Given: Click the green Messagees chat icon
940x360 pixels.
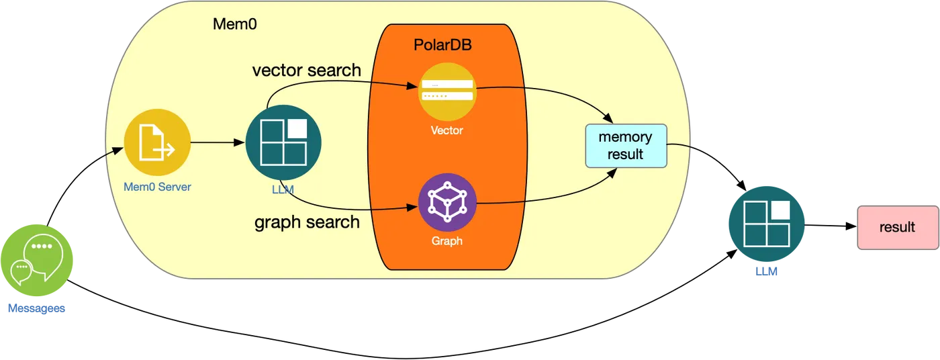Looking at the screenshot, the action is pyautogui.click(x=37, y=260).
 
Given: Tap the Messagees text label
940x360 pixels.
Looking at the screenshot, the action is pyautogui.click(x=36, y=308).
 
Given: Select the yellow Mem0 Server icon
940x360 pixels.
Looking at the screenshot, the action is pyautogui.click(x=157, y=142).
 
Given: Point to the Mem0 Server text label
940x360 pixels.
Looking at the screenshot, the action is pyautogui.click(x=157, y=187).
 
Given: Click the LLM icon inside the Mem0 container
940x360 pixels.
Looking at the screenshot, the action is pyautogui.click(x=283, y=142).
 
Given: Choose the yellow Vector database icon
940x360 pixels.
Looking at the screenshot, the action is pyautogui.click(x=447, y=91).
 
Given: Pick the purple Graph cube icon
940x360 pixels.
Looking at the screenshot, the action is pyautogui.click(x=447, y=202).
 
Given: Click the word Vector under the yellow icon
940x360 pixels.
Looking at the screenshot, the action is pyautogui.click(x=447, y=130).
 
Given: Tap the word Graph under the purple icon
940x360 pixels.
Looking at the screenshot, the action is pyautogui.click(x=447, y=241).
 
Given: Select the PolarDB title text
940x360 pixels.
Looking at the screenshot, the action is pyautogui.click(x=442, y=45).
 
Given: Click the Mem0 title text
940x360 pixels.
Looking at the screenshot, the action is pyautogui.click(x=235, y=24).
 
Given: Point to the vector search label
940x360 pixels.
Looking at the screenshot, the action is pyautogui.click(x=307, y=70).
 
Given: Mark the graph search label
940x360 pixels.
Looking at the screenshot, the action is pyautogui.click(x=308, y=222).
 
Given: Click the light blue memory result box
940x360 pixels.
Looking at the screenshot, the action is pyautogui.click(x=626, y=146).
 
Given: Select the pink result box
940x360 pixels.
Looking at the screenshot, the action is pyautogui.click(x=898, y=228).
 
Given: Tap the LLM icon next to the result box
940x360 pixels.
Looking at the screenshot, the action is pyautogui.click(x=767, y=224).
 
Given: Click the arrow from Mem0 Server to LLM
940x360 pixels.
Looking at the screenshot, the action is pyautogui.click(x=218, y=142).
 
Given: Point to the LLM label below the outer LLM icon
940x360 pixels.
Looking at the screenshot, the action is pyautogui.click(x=767, y=271).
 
